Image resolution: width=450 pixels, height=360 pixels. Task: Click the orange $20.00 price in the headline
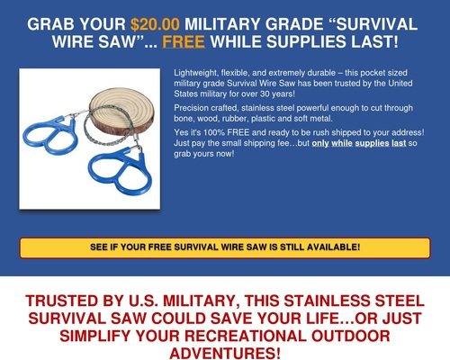click(155, 24)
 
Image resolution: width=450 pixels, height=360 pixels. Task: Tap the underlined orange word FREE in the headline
click(184, 41)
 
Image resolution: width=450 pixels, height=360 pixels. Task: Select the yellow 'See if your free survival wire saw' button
click(225, 247)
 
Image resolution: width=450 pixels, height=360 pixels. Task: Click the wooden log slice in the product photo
click(121, 109)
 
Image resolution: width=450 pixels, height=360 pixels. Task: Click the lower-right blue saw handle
click(121, 170)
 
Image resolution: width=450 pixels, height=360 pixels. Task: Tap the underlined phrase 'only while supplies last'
click(359, 143)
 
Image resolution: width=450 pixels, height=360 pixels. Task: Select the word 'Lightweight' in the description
click(195, 73)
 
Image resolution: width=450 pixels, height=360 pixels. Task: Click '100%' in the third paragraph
click(214, 132)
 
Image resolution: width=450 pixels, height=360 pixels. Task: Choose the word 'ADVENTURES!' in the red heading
click(225, 353)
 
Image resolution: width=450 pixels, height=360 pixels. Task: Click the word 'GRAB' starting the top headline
click(50, 24)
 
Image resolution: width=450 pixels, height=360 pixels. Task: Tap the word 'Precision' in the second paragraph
click(191, 108)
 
